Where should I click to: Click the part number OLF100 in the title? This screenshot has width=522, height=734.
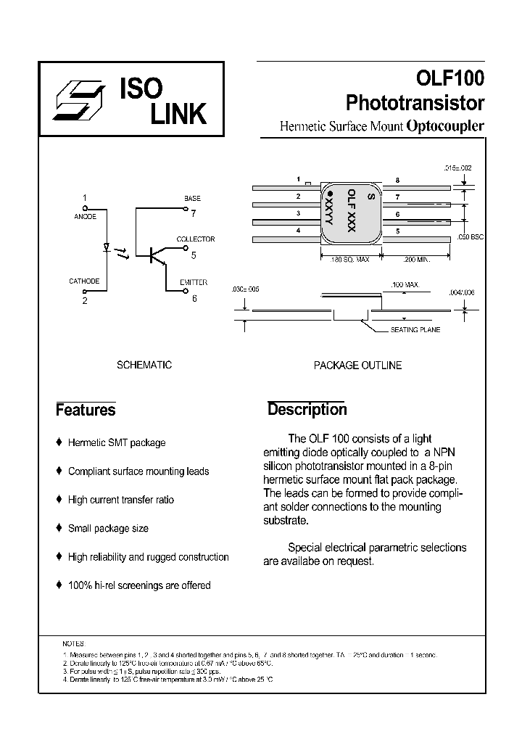449,78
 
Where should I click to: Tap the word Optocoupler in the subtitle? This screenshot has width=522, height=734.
445,125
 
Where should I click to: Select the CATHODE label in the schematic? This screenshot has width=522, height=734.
84,281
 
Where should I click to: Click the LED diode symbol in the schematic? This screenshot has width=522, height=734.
107,249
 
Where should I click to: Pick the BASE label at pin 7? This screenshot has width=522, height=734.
192,198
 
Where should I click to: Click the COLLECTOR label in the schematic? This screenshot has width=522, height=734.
196,239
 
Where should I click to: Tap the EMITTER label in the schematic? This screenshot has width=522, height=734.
194,282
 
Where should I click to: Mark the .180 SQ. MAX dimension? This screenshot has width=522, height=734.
349,258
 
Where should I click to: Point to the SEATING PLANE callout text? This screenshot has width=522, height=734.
415,329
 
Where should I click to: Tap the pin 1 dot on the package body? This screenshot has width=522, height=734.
330,194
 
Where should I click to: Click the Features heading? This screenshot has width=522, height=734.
86,410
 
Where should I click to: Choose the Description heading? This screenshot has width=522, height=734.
307,409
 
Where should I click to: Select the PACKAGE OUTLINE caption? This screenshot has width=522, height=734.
357,366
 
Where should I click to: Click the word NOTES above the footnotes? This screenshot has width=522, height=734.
74,643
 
